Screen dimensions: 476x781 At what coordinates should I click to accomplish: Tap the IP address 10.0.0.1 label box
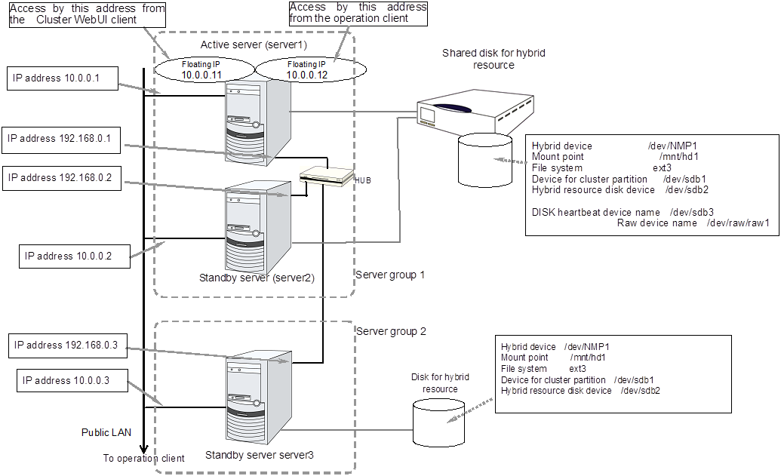click(62, 78)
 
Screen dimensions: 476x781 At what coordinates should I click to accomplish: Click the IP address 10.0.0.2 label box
click(74, 256)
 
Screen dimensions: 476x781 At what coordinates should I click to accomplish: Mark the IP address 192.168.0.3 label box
click(66, 345)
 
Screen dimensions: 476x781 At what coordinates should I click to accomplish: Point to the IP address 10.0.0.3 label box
click(66, 381)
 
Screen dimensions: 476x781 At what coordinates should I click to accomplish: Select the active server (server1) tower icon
click(257, 117)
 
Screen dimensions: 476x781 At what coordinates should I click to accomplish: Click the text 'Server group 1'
click(390, 275)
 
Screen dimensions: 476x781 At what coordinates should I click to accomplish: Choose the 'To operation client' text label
click(143, 458)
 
